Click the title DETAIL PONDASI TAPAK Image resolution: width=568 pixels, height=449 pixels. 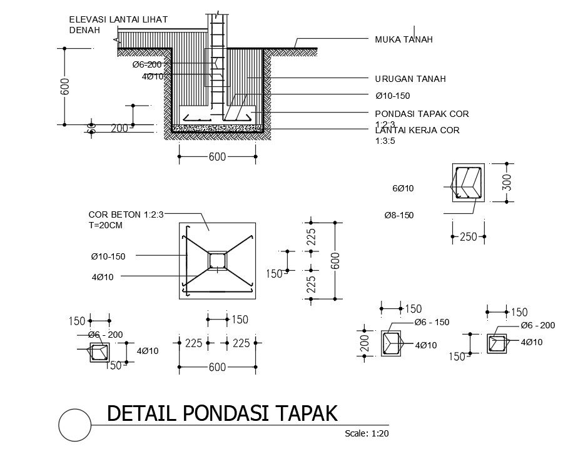(222, 413)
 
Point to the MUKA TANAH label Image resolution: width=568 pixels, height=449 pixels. (403, 39)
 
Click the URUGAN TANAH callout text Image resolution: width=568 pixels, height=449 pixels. (410, 79)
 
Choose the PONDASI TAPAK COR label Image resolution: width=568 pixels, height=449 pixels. (422, 113)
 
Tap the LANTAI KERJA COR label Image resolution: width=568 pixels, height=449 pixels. (417, 130)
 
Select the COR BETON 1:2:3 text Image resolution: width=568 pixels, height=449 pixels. (126, 213)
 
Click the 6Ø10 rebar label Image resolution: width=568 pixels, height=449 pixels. (403, 188)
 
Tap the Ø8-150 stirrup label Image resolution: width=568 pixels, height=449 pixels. (398, 215)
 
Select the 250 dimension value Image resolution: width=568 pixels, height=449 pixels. (469, 237)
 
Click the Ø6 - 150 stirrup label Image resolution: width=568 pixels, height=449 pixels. (432, 322)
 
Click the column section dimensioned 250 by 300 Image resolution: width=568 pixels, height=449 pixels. (468, 183)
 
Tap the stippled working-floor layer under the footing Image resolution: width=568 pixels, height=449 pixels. (217, 128)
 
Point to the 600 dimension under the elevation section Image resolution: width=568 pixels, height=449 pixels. (217, 156)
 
